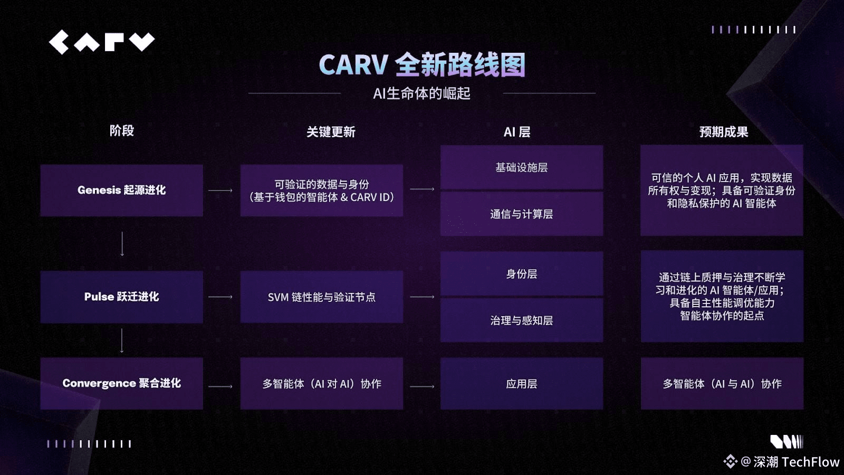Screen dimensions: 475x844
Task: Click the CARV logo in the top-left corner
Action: pyautogui.click(x=102, y=42)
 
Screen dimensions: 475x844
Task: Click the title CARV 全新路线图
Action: pyautogui.click(x=422, y=65)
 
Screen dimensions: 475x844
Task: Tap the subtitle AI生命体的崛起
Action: pyautogui.click(x=421, y=94)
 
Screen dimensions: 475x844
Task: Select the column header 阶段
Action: pyautogui.click(x=122, y=131)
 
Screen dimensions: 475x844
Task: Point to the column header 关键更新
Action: pyautogui.click(x=331, y=132)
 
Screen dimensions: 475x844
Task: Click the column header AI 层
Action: pyautogui.click(x=517, y=132)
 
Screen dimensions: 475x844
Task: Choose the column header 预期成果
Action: pyautogui.click(x=723, y=132)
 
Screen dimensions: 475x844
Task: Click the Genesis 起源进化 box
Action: pyautogui.click(x=122, y=190)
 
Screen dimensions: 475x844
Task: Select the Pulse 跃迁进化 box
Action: pyautogui.click(x=122, y=297)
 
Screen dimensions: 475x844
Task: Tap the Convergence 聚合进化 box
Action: pyautogui.click(x=122, y=383)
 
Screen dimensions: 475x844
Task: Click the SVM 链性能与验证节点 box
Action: pyautogui.click(x=321, y=297)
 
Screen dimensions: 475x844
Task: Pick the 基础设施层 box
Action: pyautogui.click(x=521, y=167)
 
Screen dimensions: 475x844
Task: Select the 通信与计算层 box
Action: pyautogui.click(x=521, y=214)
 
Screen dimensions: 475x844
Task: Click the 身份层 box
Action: pyautogui.click(x=521, y=274)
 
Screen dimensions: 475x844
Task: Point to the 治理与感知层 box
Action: pyautogui.click(x=521, y=320)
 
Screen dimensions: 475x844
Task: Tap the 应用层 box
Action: pyautogui.click(x=521, y=384)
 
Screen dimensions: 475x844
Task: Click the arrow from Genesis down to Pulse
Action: pyautogui.click(x=122, y=243)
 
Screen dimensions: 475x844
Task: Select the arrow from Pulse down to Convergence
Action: pyautogui.click(x=122, y=340)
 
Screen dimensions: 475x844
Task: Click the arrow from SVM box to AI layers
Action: pyautogui.click(x=422, y=297)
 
